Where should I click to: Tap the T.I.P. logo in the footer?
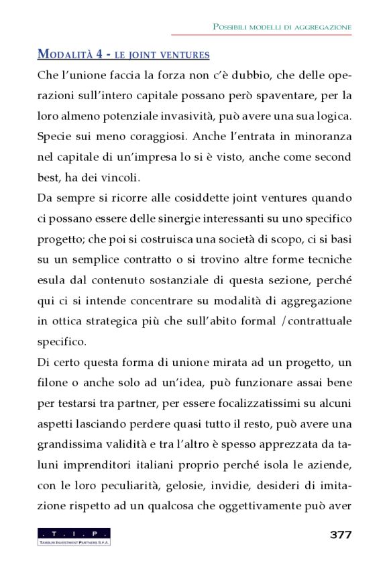pos(74,536)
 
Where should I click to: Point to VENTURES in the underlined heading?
pos(185,55)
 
